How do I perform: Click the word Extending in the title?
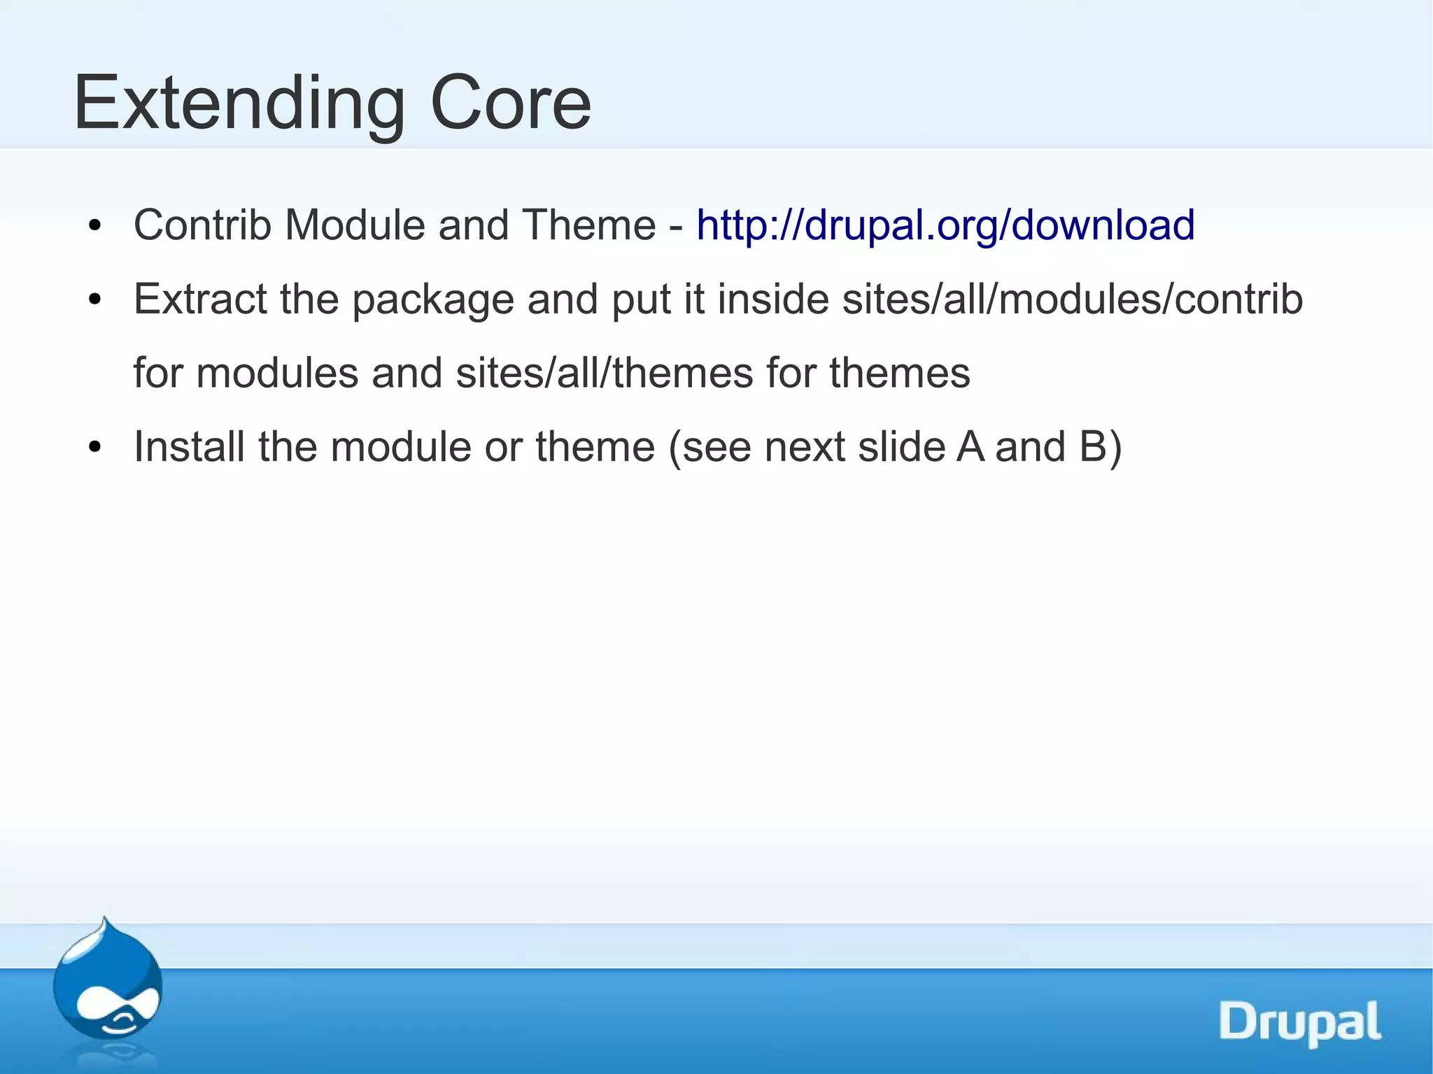tap(239, 104)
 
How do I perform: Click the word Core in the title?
tap(510, 104)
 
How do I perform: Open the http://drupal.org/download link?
tap(945, 225)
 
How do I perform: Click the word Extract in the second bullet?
tap(200, 299)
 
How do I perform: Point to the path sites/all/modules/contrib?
tap(1072, 299)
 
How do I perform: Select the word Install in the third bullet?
tap(189, 447)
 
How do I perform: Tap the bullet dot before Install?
tap(95, 448)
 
